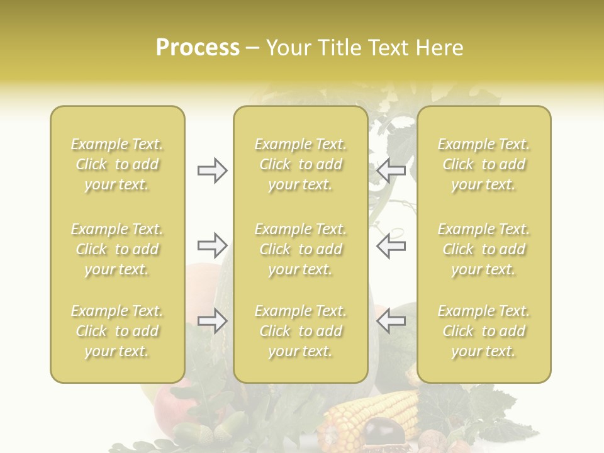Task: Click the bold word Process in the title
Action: click(x=198, y=48)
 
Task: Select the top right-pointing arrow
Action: click(x=213, y=171)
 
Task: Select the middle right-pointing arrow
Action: click(x=213, y=245)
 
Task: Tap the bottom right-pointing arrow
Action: click(x=213, y=321)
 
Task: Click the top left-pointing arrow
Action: click(x=391, y=170)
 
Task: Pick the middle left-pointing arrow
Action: click(x=391, y=245)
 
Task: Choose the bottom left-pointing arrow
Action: click(x=391, y=321)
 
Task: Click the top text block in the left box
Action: click(x=117, y=164)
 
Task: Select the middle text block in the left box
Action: click(x=117, y=249)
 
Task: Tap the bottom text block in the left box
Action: click(x=117, y=331)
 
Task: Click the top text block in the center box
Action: click(x=300, y=164)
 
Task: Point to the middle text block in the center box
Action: click(x=300, y=249)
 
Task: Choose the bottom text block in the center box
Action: click(x=300, y=331)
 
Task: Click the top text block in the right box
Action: click(x=483, y=164)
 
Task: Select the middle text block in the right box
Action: click(x=483, y=249)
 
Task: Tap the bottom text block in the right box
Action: click(x=483, y=331)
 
